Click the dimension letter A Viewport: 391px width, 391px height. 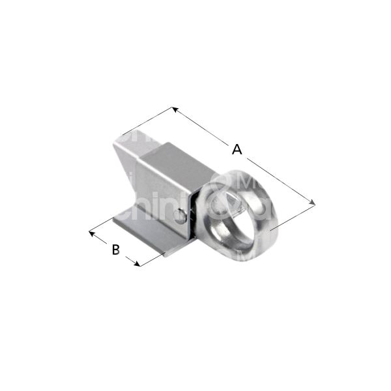pyautogui.click(x=237, y=150)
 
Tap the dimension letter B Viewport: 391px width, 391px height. pyautogui.click(x=115, y=248)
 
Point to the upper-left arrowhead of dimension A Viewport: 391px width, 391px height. pyautogui.click(x=175, y=109)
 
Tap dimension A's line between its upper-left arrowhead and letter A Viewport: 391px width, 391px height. pyautogui.click(x=202, y=127)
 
